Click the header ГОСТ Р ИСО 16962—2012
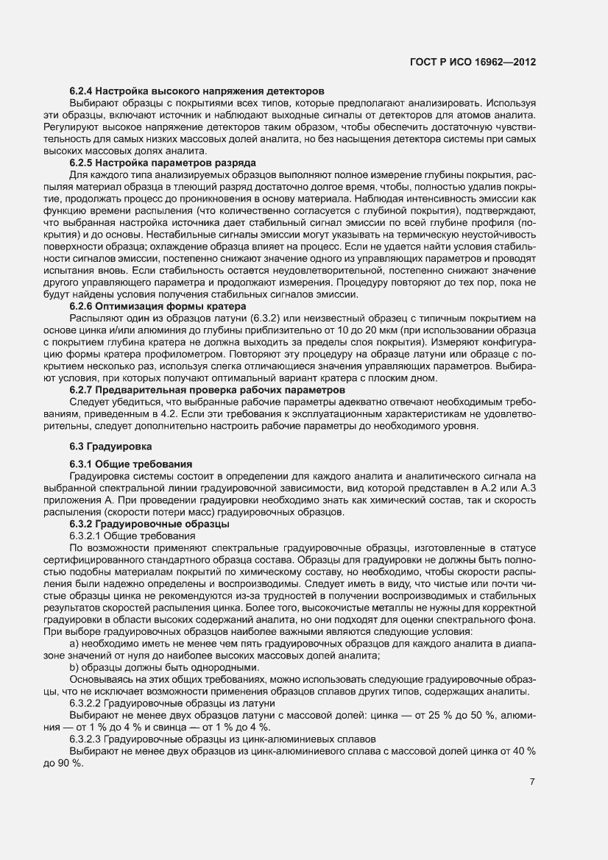click(472, 63)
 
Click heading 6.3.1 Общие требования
click(131, 463)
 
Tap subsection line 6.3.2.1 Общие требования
click(127, 536)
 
